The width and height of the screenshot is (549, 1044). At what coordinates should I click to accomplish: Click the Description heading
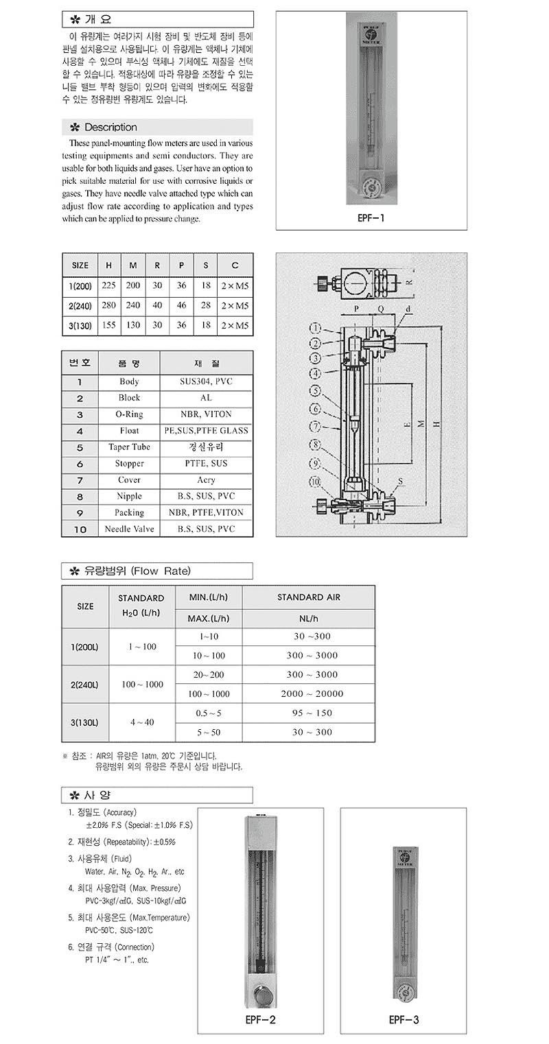point(110,128)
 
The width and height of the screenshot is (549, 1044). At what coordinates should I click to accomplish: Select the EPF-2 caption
point(261,1020)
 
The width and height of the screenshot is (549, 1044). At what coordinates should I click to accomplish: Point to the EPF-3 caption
point(404,1020)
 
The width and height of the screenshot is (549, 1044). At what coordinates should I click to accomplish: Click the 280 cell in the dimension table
point(108,306)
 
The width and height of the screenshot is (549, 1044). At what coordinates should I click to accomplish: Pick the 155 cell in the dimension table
point(108,327)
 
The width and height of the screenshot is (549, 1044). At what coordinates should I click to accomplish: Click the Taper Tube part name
point(129,447)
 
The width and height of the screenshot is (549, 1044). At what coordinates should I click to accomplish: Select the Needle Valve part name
point(129,529)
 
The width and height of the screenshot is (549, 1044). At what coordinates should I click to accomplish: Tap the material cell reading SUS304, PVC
point(206,382)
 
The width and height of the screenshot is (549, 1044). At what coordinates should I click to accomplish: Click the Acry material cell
point(206,480)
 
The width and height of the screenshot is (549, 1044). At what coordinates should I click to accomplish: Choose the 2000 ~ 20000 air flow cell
point(312,694)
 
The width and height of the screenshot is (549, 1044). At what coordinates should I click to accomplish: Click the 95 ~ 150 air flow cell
point(312,713)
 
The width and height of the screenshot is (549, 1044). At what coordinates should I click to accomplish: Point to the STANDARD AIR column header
point(309,597)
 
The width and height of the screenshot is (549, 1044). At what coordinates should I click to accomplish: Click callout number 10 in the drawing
point(316,482)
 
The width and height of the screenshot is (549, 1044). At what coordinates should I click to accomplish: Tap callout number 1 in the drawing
point(316,327)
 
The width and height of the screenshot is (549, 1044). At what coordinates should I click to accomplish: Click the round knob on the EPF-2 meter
point(260,993)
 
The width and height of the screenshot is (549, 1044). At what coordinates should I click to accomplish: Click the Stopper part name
point(129,464)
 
